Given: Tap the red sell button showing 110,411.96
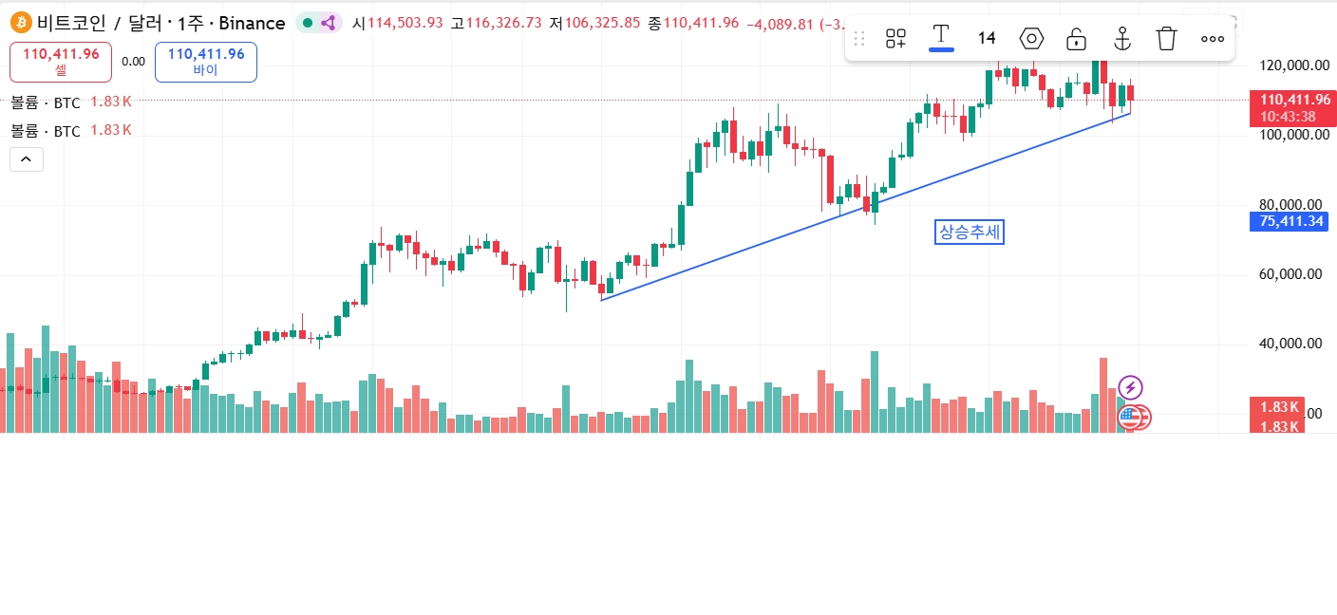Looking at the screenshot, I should tap(61, 61).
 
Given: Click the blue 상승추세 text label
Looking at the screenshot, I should tap(970, 232).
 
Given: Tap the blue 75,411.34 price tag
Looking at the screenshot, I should tap(1290, 222).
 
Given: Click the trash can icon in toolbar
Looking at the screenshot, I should tap(1166, 39).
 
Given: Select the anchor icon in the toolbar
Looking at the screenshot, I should tap(1121, 39).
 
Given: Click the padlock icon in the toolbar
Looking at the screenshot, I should tap(1076, 39).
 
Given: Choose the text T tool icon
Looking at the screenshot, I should tap(941, 36).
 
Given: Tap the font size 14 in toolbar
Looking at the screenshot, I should tap(987, 38).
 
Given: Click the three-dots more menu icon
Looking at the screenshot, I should tap(1213, 39).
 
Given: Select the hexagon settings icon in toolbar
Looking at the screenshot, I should tap(1031, 39).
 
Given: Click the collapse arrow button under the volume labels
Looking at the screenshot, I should tap(26, 159).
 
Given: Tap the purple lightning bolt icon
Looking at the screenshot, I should tap(1130, 387).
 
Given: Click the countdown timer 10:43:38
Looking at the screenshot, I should tap(1289, 116).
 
